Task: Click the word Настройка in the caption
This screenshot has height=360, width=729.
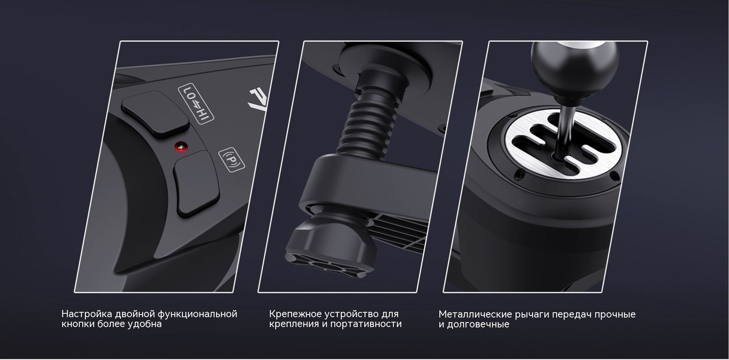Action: point(86,314)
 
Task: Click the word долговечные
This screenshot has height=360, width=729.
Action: point(478,324)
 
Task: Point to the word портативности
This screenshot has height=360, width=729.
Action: point(366,324)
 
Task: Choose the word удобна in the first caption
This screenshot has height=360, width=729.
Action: point(146,324)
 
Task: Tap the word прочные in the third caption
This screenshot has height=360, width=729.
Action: point(615,315)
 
